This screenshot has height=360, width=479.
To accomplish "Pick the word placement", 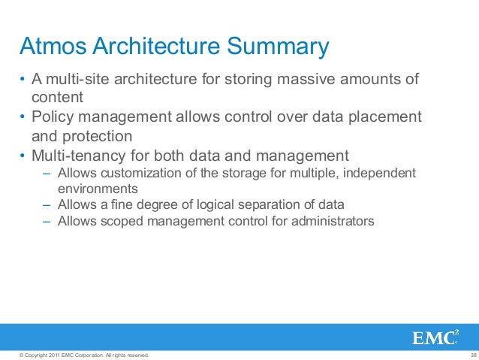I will [384, 117].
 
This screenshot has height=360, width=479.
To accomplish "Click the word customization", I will [135, 174].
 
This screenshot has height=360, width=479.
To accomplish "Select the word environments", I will [98, 189].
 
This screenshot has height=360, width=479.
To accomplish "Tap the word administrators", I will [334, 221].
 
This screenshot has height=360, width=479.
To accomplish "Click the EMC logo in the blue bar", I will [434, 337].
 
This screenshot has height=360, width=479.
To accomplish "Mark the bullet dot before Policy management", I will [23, 118].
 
